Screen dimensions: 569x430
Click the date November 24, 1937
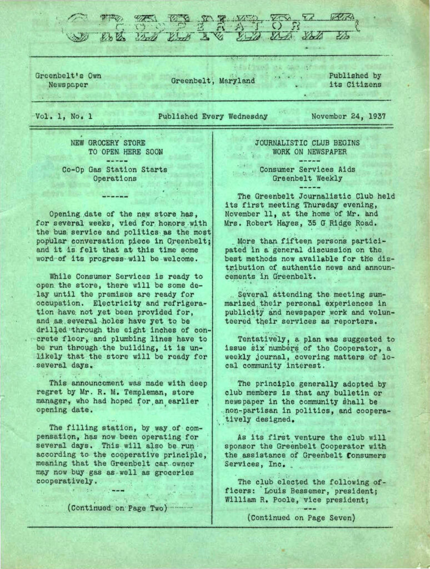[348, 117]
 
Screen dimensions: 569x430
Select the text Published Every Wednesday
[213, 117]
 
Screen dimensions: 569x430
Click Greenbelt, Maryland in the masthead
[213, 81]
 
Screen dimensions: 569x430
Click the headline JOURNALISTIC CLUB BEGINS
[307, 143]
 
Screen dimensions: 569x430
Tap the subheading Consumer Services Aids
[307, 170]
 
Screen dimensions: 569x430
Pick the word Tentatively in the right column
[261, 339]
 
